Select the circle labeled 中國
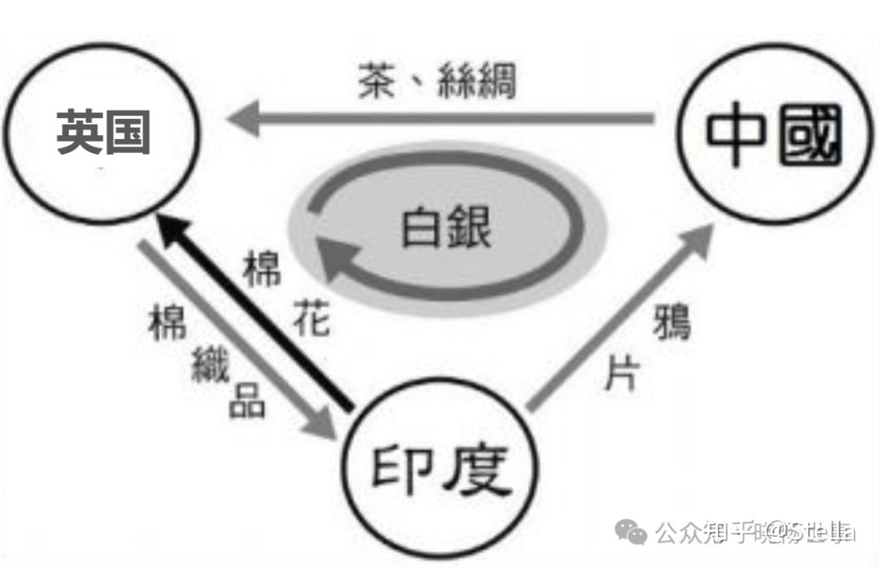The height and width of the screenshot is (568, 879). pos(770,133)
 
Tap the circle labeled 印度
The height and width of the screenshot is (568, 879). pos(440,470)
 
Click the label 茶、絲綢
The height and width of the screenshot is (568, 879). pos(437,82)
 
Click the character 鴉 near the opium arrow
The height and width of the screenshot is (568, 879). pos(671,321)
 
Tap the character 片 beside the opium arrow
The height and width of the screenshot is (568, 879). pos(622,374)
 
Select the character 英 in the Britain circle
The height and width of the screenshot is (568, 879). pos(79,132)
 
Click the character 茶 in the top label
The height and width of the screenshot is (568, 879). pos(375,83)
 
